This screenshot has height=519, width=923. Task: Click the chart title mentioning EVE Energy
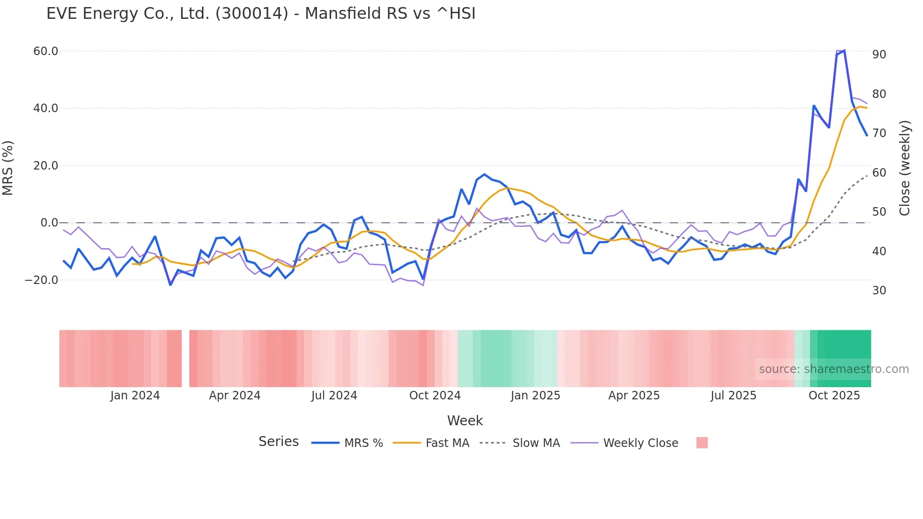pyautogui.click(x=261, y=14)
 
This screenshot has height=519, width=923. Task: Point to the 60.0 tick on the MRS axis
pyautogui.click(x=46, y=51)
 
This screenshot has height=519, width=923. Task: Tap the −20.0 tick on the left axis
pyautogui.click(x=41, y=280)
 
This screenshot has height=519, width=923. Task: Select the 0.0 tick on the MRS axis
pyautogui.click(x=49, y=223)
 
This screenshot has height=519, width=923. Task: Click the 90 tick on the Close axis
pyautogui.click(x=879, y=55)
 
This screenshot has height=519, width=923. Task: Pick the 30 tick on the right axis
pyautogui.click(x=879, y=291)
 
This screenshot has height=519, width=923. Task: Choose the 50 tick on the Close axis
pyautogui.click(x=879, y=212)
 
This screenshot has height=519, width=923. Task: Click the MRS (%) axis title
pyautogui.click(x=8, y=168)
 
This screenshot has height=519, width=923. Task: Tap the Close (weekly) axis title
pyautogui.click(x=905, y=168)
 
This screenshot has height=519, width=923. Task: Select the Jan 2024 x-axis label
pyautogui.click(x=135, y=396)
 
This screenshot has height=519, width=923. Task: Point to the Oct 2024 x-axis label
pyautogui.click(x=435, y=396)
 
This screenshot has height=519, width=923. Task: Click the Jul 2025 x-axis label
pyautogui.click(x=733, y=396)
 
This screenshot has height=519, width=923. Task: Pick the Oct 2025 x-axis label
pyautogui.click(x=834, y=396)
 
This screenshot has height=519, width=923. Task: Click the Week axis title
pyautogui.click(x=465, y=421)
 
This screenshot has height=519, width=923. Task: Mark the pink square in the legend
pyautogui.click(x=702, y=443)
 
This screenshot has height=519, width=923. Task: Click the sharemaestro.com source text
pyautogui.click(x=834, y=369)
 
